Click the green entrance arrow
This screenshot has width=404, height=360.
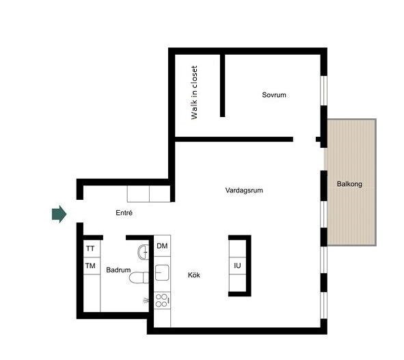[x=59, y=214]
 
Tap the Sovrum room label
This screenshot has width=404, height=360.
[x=274, y=95]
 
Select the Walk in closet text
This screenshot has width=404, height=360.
[x=194, y=92]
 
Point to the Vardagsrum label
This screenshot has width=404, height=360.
[x=244, y=190]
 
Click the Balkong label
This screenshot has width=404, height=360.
[x=349, y=184]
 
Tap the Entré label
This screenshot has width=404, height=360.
[x=124, y=213]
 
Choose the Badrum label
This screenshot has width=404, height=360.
[x=118, y=270]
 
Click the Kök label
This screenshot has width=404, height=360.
[x=193, y=275]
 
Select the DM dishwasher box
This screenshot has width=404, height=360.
[x=162, y=246]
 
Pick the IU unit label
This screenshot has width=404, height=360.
[x=237, y=266]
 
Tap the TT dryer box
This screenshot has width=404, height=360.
[x=92, y=248]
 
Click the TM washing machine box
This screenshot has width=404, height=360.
[x=92, y=266]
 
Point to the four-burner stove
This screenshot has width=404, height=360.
[x=162, y=300]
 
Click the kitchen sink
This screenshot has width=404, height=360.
[x=162, y=272]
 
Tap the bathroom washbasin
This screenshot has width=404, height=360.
[x=144, y=252]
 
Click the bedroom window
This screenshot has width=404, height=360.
[x=324, y=90]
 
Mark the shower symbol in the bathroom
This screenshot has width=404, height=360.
[x=146, y=300]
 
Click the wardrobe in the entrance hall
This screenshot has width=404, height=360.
[x=148, y=194]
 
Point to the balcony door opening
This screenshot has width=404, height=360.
[x=324, y=159]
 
